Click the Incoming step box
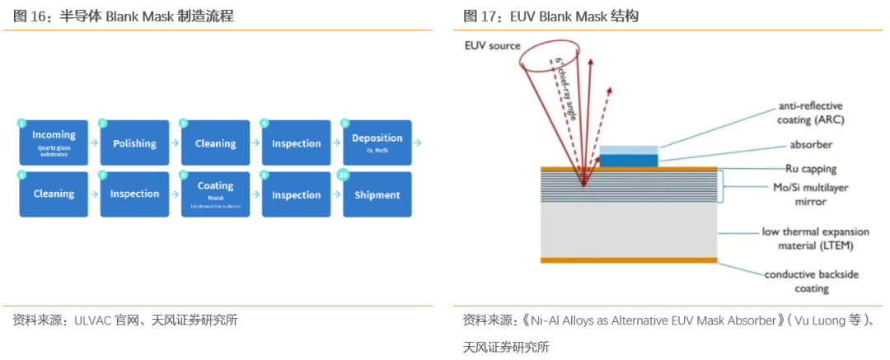pos(54,143)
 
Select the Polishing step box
pos(134,143)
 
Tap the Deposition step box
pos(377,143)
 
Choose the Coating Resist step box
pos(215,194)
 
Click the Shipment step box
pos(377,194)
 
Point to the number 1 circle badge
pos(22,123)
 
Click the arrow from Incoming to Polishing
pos(94,143)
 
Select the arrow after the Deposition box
pos(418,143)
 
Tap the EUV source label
pos(493,46)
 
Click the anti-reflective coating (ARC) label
pos(811,113)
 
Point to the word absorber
pos(811,144)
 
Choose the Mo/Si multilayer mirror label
pos(813,194)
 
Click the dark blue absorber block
pos(629,158)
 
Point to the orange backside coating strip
pos(628,260)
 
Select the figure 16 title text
pos(124,16)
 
